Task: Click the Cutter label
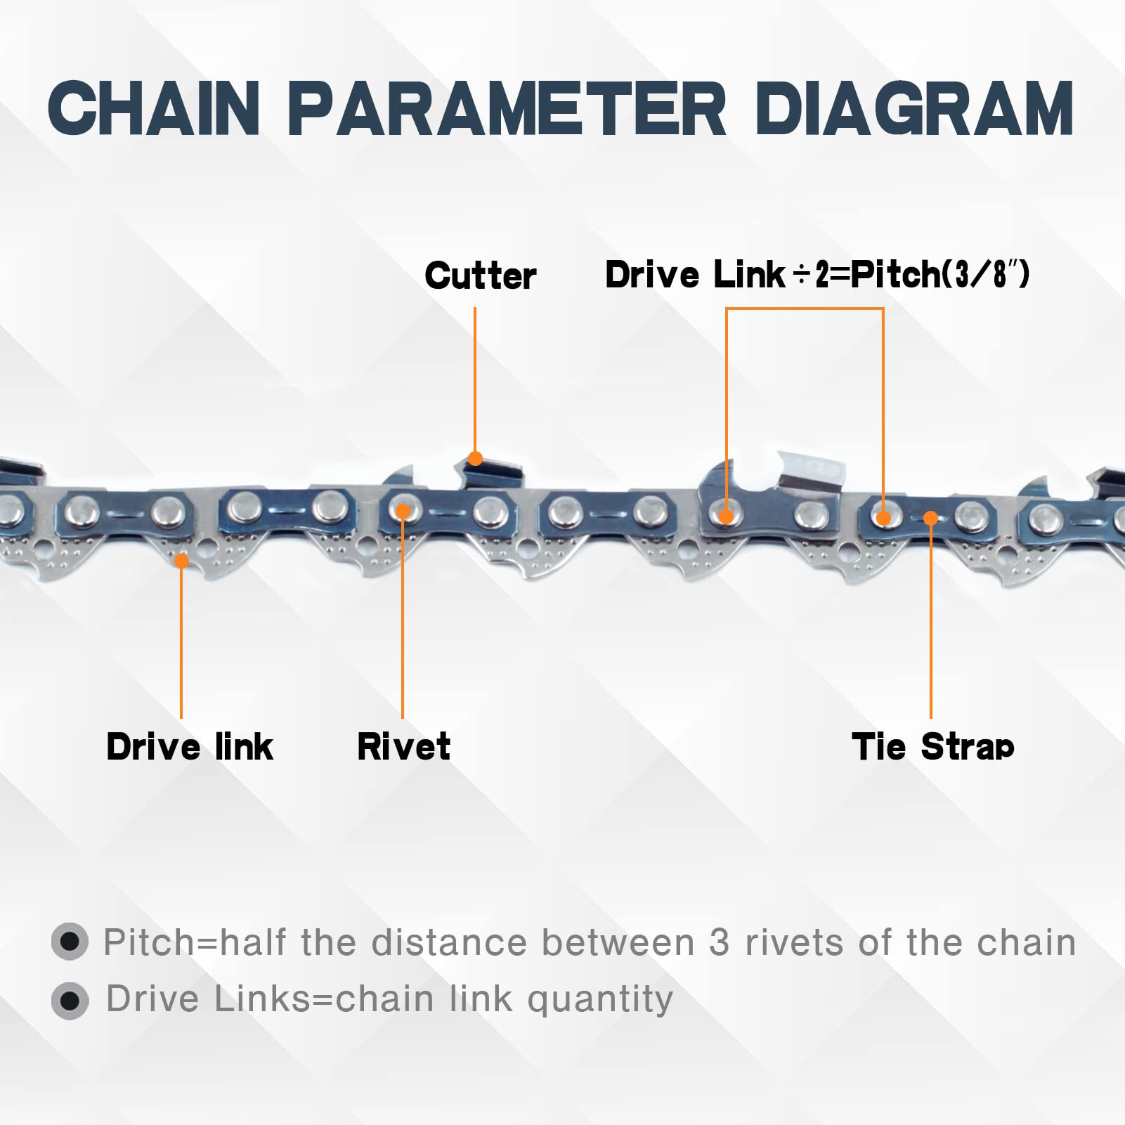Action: [x=480, y=275]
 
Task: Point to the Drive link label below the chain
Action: [x=189, y=746]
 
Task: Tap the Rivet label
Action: [x=403, y=746]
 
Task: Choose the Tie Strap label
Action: [x=932, y=746]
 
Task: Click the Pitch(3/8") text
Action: [x=940, y=274]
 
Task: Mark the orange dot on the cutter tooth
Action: [x=475, y=459]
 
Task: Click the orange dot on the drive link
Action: [x=181, y=561]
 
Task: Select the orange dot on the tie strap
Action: [x=930, y=519]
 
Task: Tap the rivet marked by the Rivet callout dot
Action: [x=403, y=511]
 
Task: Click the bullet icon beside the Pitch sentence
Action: [x=70, y=941]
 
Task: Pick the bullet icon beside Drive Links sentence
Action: [x=70, y=1000]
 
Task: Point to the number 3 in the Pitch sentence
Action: [x=719, y=942]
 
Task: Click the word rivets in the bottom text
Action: [x=793, y=942]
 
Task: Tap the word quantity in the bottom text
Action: [x=599, y=1000]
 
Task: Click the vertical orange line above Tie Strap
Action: [x=930, y=618]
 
